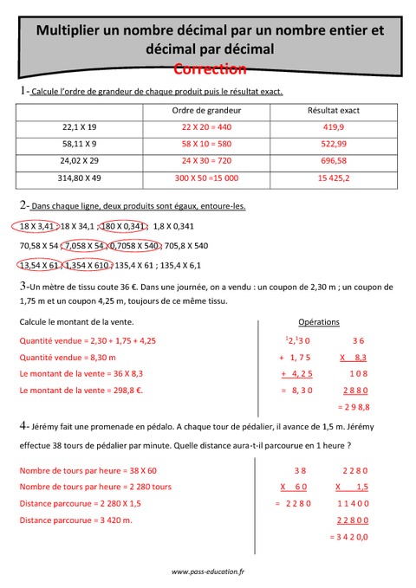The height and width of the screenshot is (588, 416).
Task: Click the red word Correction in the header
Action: (210, 68)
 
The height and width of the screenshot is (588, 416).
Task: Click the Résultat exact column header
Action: (334, 111)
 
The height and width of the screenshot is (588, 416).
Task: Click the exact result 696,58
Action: (334, 160)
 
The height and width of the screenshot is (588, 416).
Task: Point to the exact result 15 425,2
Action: (334, 178)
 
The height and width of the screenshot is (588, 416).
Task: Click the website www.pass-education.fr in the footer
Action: (208, 572)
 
